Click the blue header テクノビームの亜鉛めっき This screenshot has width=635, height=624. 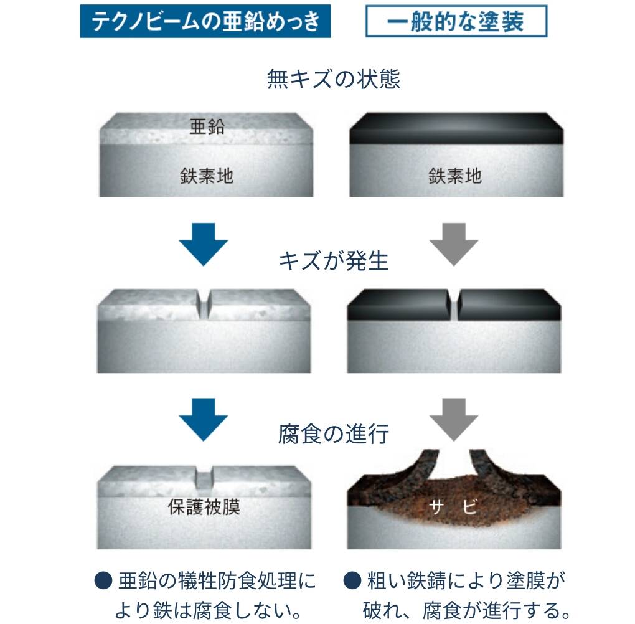[x=205, y=21]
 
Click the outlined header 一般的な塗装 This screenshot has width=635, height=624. [x=456, y=21]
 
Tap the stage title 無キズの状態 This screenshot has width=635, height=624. [x=334, y=78]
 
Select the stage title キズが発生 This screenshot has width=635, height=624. [x=334, y=260]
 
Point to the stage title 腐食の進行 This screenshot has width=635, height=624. [x=334, y=434]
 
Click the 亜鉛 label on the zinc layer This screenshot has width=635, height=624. [x=207, y=126]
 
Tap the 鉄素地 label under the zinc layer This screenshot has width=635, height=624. [x=207, y=176]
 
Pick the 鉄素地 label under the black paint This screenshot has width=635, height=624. [x=455, y=176]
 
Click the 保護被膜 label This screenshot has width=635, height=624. [x=204, y=507]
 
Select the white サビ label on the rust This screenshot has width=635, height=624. [x=453, y=506]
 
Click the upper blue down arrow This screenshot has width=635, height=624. [x=204, y=244]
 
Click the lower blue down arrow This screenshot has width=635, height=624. [x=204, y=419]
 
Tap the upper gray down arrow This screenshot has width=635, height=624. [x=454, y=244]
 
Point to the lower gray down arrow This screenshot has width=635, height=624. [x=454, y=419]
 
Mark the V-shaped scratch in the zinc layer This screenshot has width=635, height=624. [x=204, y=304]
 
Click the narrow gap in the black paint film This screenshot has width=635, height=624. [x=454, y=305]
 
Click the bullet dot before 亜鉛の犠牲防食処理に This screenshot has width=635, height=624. [x=103, y=580]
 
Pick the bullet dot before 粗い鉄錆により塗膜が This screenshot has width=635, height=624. [x=352, y=580]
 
